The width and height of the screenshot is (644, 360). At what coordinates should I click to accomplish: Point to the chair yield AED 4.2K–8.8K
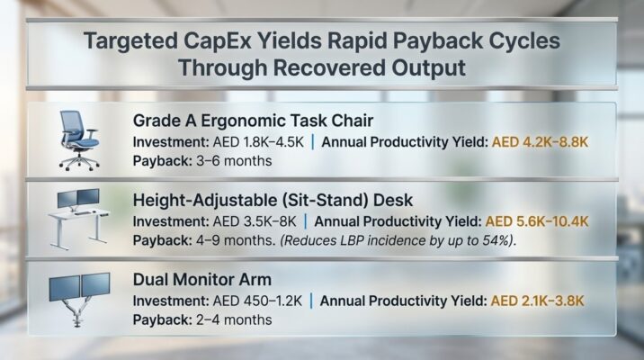[540, 142]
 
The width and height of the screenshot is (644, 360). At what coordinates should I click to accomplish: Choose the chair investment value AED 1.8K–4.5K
[260, 142]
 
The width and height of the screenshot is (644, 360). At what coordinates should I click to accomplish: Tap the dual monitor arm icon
[81, 298]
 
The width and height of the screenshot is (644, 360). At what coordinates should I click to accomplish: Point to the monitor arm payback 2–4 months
[229, 319]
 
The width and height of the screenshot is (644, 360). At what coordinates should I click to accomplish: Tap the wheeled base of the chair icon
[79, 162]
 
